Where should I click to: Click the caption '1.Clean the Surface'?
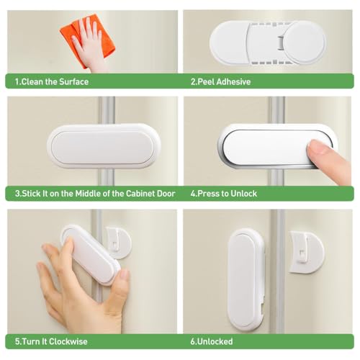coord(52,81)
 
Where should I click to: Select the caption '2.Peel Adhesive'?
coord(220,81)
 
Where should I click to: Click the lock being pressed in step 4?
coord(274,148)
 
